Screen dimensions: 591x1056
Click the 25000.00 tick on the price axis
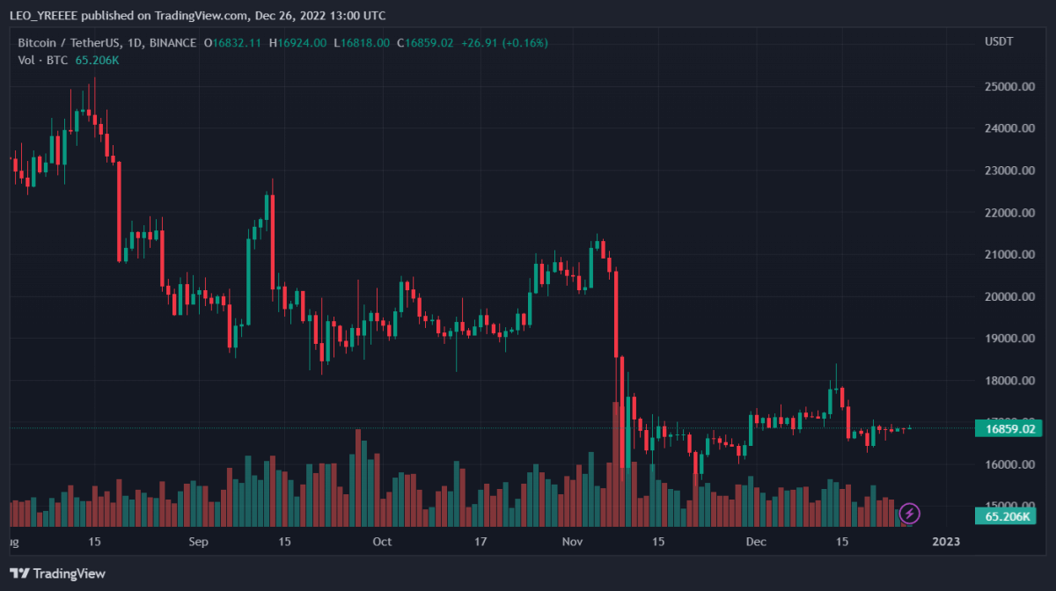[1008, 86]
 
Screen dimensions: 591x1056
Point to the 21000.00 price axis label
[1008, 255]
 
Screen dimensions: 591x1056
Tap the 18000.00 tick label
[1008, 381]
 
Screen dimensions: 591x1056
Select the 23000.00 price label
[1008, 171]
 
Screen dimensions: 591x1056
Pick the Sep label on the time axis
[199, 542]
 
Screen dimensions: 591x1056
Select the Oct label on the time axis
[382, 542]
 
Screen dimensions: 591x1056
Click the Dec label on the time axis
[757, 542]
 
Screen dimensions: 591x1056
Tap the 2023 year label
[947, 542]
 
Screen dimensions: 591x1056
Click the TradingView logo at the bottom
[58, 573]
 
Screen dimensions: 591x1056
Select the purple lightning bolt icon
[910, 513]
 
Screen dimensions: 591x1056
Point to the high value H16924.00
[297, 42]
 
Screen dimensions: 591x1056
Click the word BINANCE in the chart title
[174, 42]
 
